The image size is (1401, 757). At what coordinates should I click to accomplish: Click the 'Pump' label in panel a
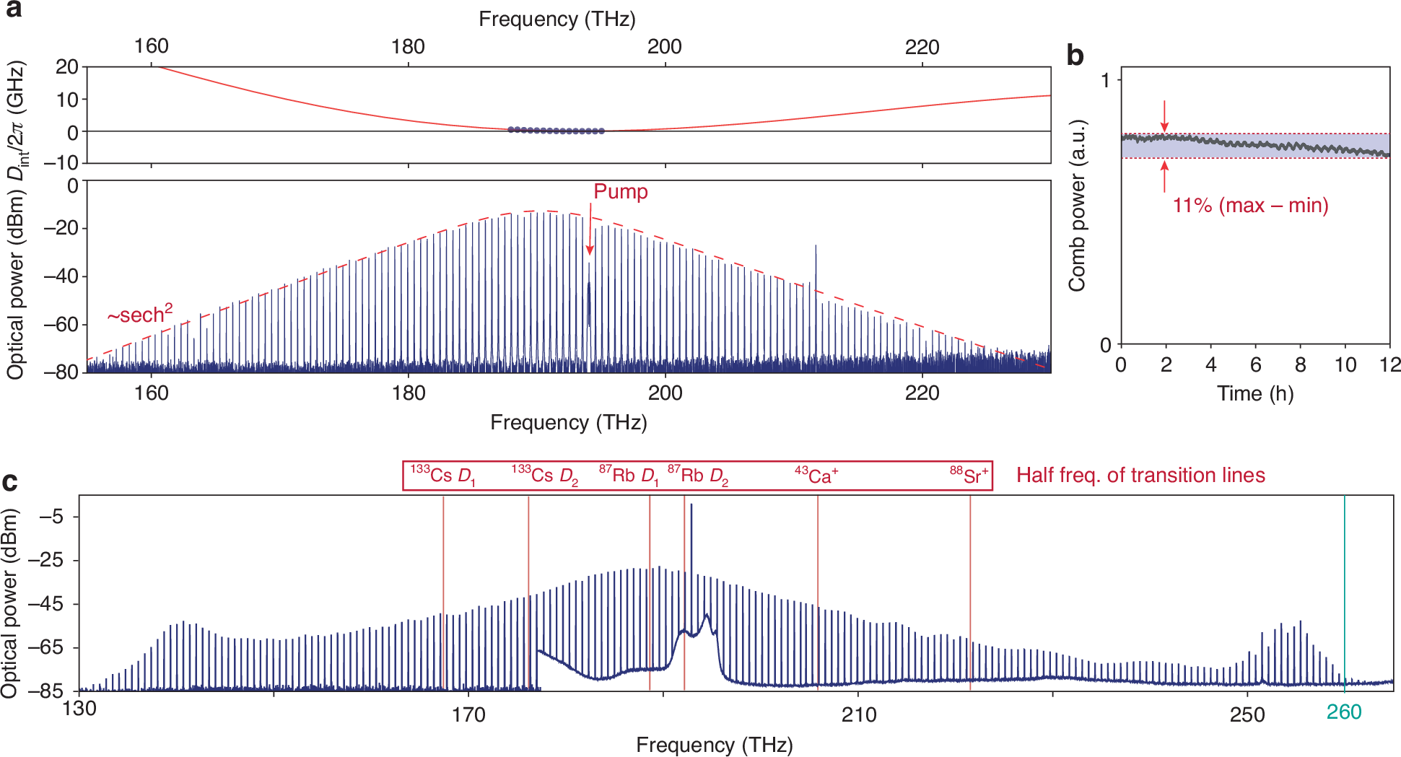pyautogui.click(x=620, y=192)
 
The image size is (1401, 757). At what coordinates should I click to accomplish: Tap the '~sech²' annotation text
pyautogui.click(x=140, y=315)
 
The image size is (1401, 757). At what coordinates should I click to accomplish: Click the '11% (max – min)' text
pyautogui.click(x=1250, y=206)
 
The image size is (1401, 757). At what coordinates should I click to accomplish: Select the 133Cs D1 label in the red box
pyautogui.click(x=442, y=476)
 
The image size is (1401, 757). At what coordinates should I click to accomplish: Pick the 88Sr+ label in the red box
pyautogui.click(x=969, y=476)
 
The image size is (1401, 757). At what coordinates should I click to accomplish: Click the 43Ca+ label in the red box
pyautogui.click(x=816, y=476)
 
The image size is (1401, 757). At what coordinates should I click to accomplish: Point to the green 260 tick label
pyautogui.click(x=1343, y=712)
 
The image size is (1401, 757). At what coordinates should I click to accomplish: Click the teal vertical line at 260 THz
pyautogui.click(x=1344, y=592)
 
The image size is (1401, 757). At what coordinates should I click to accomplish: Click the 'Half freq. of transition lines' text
pyautogui.click(x=1140, y=476)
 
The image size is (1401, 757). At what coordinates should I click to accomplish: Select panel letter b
pyautogui.click(x=1075, y=56)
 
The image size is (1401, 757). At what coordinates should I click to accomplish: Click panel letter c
pyautogui.click(x=9, y=481)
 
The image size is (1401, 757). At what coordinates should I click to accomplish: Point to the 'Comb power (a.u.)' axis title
pyautogui.click(x=1077, y=206)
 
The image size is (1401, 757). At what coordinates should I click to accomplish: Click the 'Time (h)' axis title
pyautogui.click(x=1254, y=394)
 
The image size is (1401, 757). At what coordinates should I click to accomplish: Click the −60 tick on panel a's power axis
pyautogui.click(x=61, y=324)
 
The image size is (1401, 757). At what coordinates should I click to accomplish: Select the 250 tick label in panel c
pyautogui.click(x=1247, y=715)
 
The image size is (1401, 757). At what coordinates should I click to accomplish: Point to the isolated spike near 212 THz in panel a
pyautogui.click(x=816, y=267)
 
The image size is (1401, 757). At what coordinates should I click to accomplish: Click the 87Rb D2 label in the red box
pyautogui.click(x=697, y=476)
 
